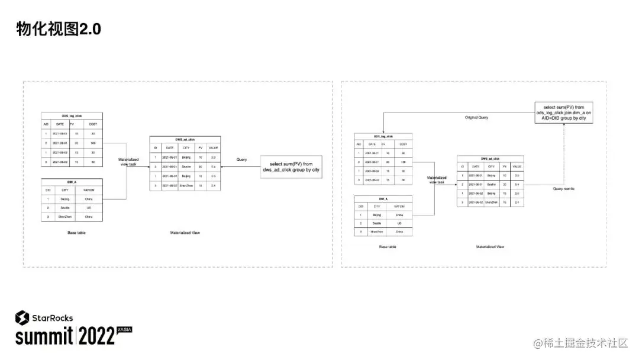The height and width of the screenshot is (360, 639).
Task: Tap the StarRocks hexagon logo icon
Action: [x=22, y=317]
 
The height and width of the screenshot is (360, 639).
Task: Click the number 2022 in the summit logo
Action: [x=96, y=337]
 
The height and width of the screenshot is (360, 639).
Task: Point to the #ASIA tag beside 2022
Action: [x=124, y=329]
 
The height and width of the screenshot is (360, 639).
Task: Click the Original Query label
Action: [x=476, y=118]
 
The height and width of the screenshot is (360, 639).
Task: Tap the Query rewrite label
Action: [x=563, y=188]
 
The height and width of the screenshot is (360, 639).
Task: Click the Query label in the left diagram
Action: [x=241, y=160]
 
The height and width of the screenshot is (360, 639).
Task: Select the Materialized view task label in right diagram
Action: [x=437, y=180]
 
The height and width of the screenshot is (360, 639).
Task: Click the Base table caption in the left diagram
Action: [x=76, y=233]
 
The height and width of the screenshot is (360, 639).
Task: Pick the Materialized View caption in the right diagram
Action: [x=490, y=246]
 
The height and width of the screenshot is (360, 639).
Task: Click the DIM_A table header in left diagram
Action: [x=72, y=181]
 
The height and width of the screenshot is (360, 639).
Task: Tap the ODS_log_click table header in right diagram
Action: [x=382, y=136]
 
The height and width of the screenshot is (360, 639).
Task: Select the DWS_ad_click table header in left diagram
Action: [x=185, y=139]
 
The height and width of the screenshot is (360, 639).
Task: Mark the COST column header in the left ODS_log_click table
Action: [x=93, y=124]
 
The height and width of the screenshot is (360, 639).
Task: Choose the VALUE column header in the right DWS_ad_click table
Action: [x=517, y=167]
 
